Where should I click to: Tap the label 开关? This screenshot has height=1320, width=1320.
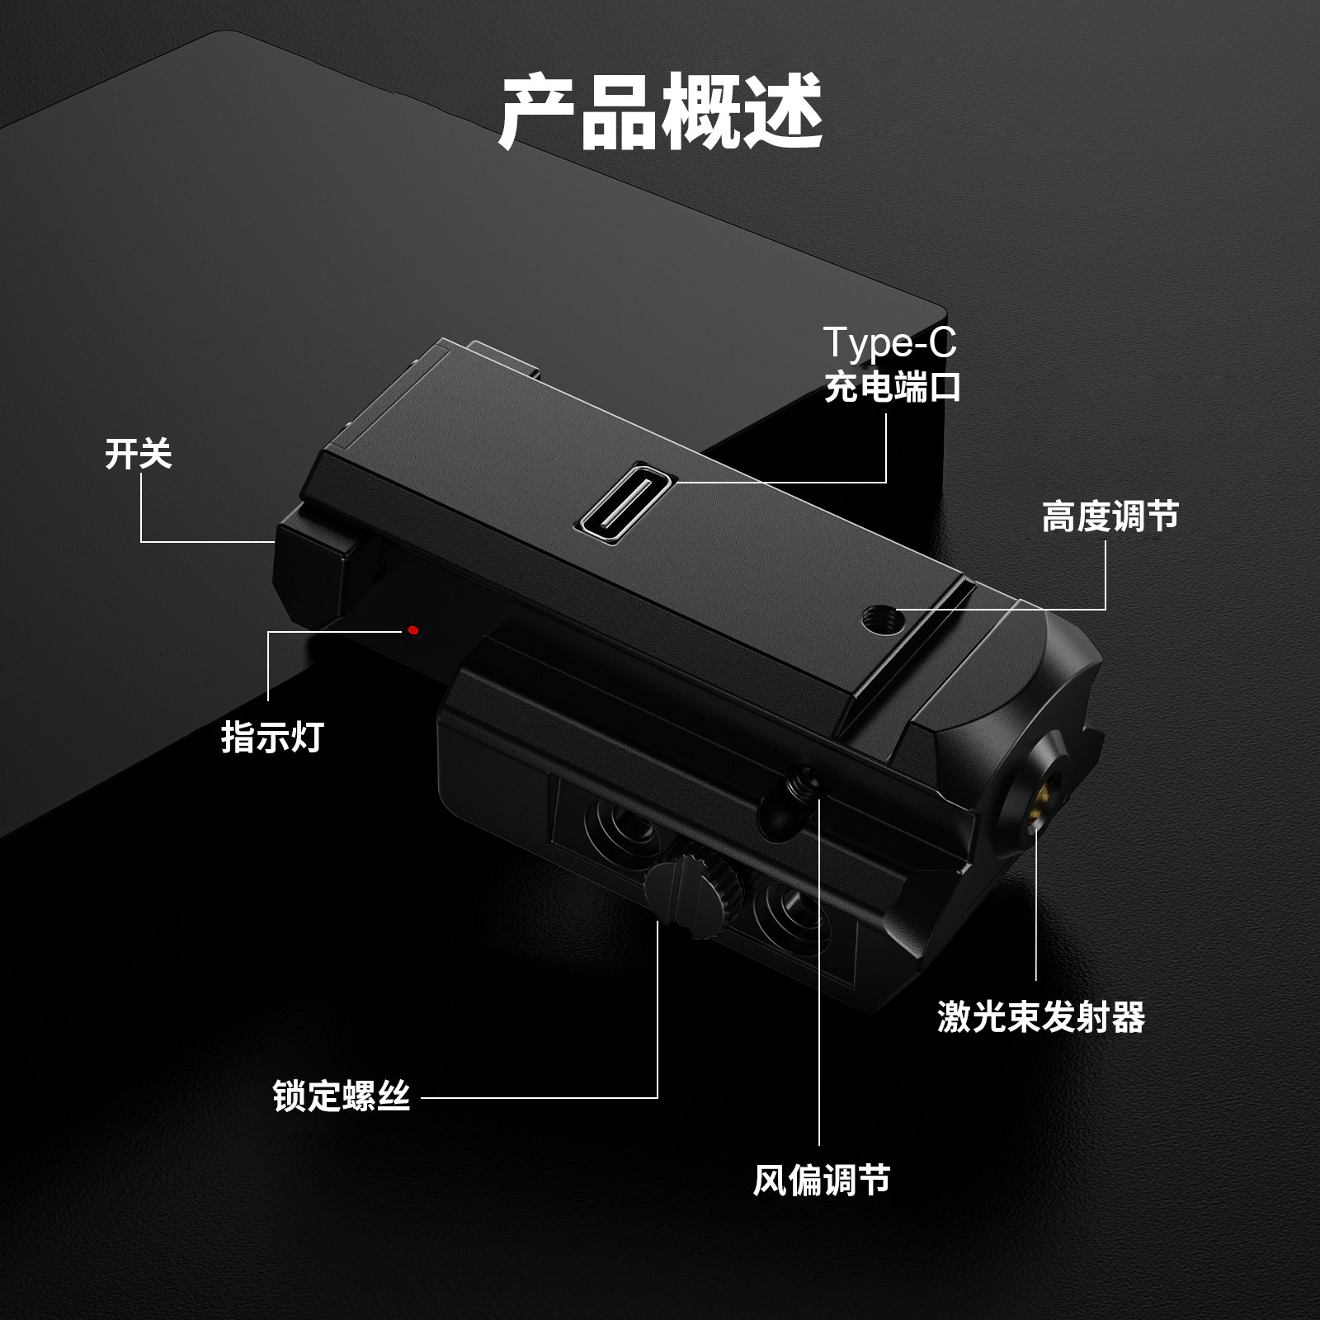[138, 454]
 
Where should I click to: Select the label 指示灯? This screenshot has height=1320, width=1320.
[272, 737]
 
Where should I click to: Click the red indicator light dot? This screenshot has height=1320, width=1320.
[414, 630]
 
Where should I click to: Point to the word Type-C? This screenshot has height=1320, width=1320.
[889, 342]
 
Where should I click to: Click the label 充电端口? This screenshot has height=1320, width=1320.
[893, 387]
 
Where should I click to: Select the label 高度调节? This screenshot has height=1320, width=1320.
[1110, 517]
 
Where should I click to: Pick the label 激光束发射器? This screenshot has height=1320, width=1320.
[1041, 1016]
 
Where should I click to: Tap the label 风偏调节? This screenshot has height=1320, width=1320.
[822, 1180]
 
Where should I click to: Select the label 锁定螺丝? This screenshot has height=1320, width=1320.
[342, 1096]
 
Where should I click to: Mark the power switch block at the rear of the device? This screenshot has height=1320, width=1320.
[313, 561]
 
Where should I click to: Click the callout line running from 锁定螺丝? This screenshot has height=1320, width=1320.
[540, 1098]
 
